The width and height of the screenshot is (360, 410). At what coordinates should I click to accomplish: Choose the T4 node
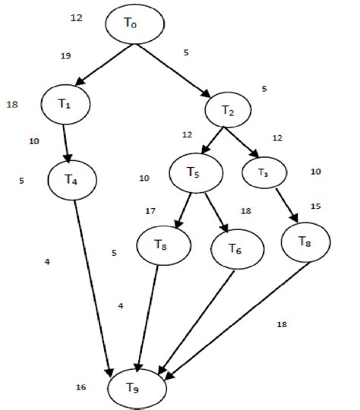pos(71,179)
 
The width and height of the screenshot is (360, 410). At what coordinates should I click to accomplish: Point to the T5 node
pos(195,172)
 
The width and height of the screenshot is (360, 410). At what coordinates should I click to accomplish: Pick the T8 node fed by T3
pos(303,242)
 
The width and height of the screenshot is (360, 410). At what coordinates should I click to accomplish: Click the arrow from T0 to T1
pos(106,64)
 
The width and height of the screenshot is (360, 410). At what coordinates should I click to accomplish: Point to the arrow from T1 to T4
pos(67,140)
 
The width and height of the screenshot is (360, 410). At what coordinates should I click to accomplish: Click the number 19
pos(65,55)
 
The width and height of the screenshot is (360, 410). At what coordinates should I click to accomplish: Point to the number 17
pos(150,210)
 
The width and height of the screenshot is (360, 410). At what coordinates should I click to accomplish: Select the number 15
pos(316,206)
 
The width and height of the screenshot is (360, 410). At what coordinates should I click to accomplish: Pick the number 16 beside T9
pos(81,387)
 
